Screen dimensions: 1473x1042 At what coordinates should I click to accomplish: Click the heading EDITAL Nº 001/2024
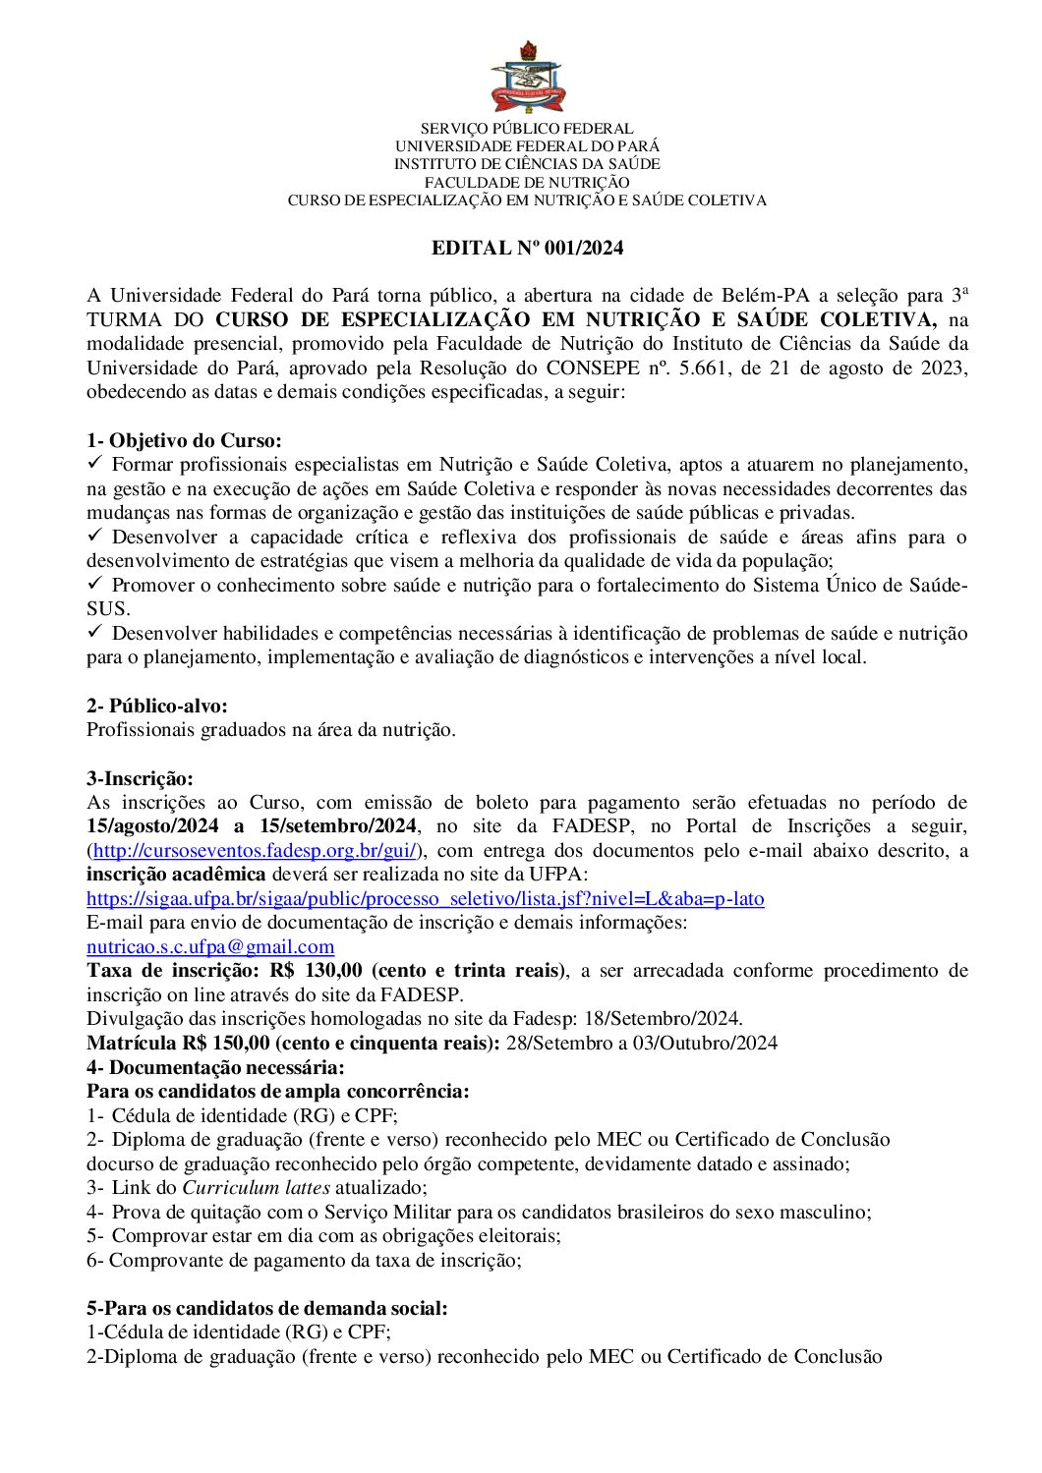click(x=527, y=248)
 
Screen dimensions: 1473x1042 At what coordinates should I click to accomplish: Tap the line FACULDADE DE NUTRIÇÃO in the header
click(x=527, y=182)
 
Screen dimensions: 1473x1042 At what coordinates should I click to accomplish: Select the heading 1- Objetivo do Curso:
click(x=184, y=440)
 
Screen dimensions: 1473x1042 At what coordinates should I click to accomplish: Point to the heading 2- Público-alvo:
click(x=157, y=706)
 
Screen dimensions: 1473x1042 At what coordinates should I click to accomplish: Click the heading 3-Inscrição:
click(x=140, y=778)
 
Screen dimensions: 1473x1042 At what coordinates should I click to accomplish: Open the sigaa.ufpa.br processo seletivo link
click(x=425, y=898)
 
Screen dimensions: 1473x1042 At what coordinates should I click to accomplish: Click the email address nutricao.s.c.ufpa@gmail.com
click(x=210, y=946)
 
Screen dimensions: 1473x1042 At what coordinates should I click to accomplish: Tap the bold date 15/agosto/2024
click(x=152, y=826)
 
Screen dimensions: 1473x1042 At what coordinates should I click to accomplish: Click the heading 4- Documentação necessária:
click(x=215, y=1067)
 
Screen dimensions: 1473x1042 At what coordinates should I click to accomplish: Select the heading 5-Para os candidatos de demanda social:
click(x=266, y=1308)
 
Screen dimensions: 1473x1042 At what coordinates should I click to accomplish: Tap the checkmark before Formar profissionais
click(x=95, y=463)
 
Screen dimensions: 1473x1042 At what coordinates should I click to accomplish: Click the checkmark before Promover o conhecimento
click(x=95, y=584)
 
